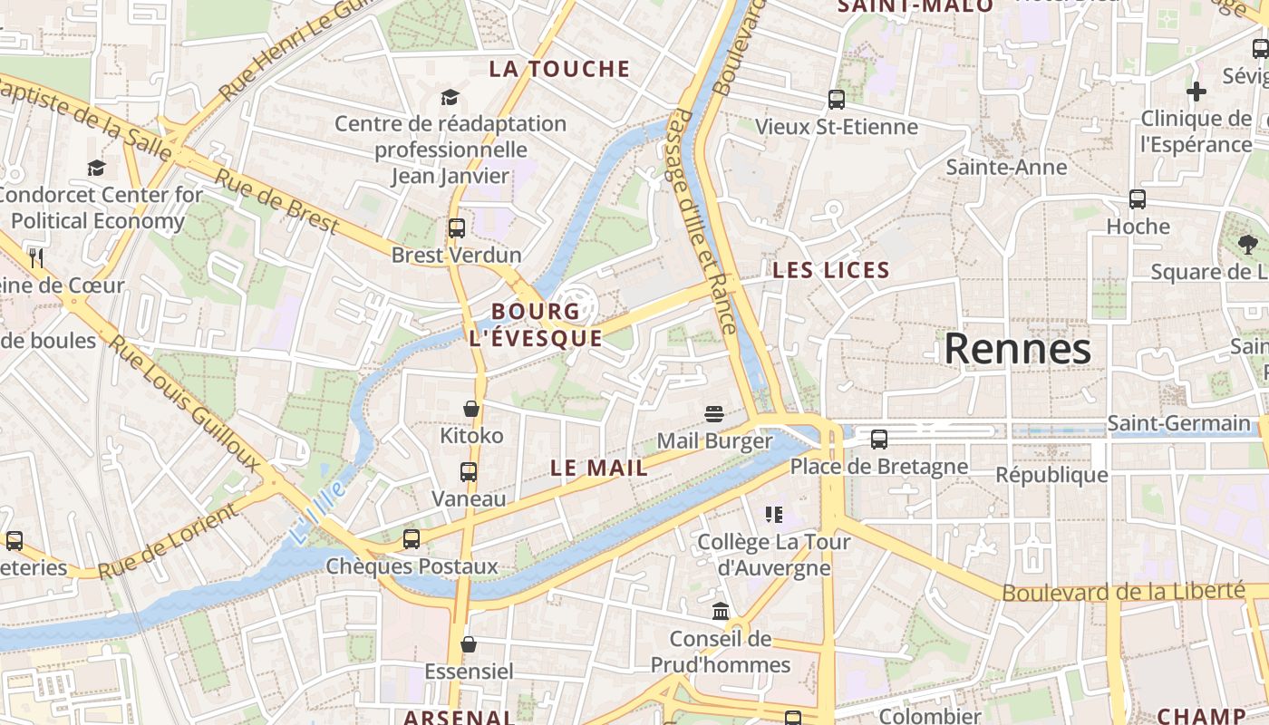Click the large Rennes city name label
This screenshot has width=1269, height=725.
tap(1017, 349)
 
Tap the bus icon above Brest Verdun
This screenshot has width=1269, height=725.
tap(456, 227)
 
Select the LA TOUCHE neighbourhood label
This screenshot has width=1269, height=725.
tap(559, 69)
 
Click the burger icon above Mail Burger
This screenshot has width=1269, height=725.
tap(714, 414)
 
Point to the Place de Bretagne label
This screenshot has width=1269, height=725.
tap(878, 467)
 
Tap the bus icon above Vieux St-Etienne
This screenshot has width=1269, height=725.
tap(836, 100)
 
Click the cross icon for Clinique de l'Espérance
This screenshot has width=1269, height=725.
tap(1196, 92)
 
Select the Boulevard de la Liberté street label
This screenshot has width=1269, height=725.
tap(1123, 592)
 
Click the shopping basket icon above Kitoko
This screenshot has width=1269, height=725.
tap(470, 409)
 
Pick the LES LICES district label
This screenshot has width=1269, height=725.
tap(831, 270)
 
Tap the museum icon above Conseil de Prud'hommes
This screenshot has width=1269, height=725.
tap(721, 612)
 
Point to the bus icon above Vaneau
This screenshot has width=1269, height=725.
tap(468, 472)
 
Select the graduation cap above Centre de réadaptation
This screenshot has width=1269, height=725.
tap(450, 97)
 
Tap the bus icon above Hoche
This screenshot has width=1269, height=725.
tap(1138, 199)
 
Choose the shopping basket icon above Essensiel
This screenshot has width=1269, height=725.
tap(469, 644)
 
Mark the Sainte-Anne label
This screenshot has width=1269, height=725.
tap(1006, 167)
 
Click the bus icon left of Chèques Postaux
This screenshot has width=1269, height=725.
tap(412, 539)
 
